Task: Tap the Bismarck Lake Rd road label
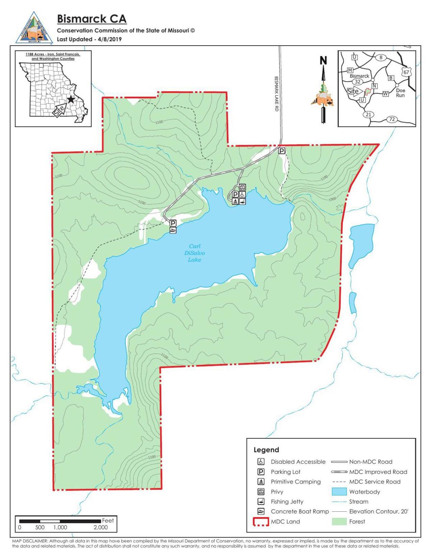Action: tap(276, 93)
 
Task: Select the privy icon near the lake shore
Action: tap(242, 187)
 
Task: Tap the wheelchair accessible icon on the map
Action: tap(242, 194)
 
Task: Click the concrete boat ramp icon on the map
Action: tap(173, 230)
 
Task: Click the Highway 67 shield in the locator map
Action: tap(406, 72)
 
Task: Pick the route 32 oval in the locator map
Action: tap(358, 82)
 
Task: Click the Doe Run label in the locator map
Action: tap(400, 93)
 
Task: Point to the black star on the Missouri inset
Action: tap(71, 99)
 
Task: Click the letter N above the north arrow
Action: tap(324, 61)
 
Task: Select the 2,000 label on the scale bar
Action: tap(101, 527)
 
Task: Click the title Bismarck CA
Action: tap(92, 19)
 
